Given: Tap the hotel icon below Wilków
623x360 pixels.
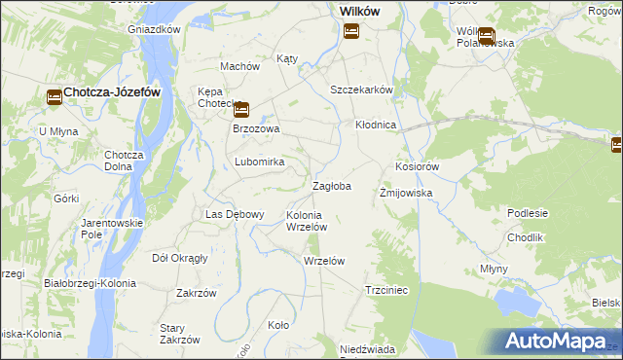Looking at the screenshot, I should (x=351, y=32).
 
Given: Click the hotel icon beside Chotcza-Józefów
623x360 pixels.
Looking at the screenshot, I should (x=54, y=95).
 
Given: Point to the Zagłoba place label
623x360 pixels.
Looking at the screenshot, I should (x=331, y=185).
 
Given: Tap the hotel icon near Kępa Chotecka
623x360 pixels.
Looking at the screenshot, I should (x=240, y=110).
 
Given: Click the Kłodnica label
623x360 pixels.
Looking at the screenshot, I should (x=375, y=126).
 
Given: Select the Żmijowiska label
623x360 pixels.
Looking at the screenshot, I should (x=405, y=193).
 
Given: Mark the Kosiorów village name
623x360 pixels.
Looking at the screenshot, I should (x=418, y=166).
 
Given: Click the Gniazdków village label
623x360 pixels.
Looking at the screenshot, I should (x=155, y=29).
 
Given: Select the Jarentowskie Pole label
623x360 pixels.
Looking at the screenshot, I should (x=112, y=229).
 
